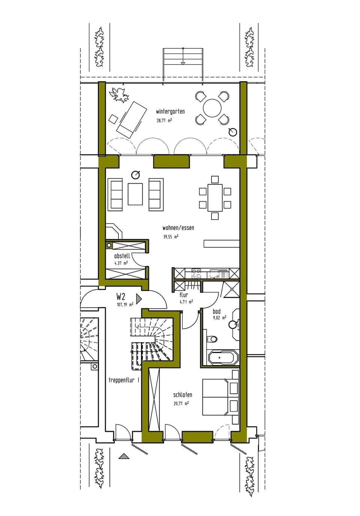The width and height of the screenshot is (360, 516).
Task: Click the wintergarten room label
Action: [x=170, y=112]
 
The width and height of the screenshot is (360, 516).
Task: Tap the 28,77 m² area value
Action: [x=164, y=121]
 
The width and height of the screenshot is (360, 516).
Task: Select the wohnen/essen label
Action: [x=178, y=228]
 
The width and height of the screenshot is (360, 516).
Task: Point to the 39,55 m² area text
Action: [x=171, y=237]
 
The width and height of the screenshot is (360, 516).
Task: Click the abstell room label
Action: [x=122, y=256]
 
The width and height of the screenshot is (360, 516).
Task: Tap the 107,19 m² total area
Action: [x=125, y=305]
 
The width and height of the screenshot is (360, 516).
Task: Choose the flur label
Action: [x=184, y=295]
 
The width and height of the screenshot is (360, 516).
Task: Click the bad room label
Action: [x=216, y=311]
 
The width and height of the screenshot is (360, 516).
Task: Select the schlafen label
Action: [x=183, y=395]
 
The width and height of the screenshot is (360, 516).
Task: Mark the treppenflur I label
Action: [x=124, y=380]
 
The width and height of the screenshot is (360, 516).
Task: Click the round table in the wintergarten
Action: [x=212, y=108]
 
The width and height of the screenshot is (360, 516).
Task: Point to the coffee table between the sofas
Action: [x=135, y=194]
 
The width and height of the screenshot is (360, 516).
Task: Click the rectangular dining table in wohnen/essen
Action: [x=215, y=197]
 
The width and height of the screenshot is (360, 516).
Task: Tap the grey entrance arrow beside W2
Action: [x=139, y=299]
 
